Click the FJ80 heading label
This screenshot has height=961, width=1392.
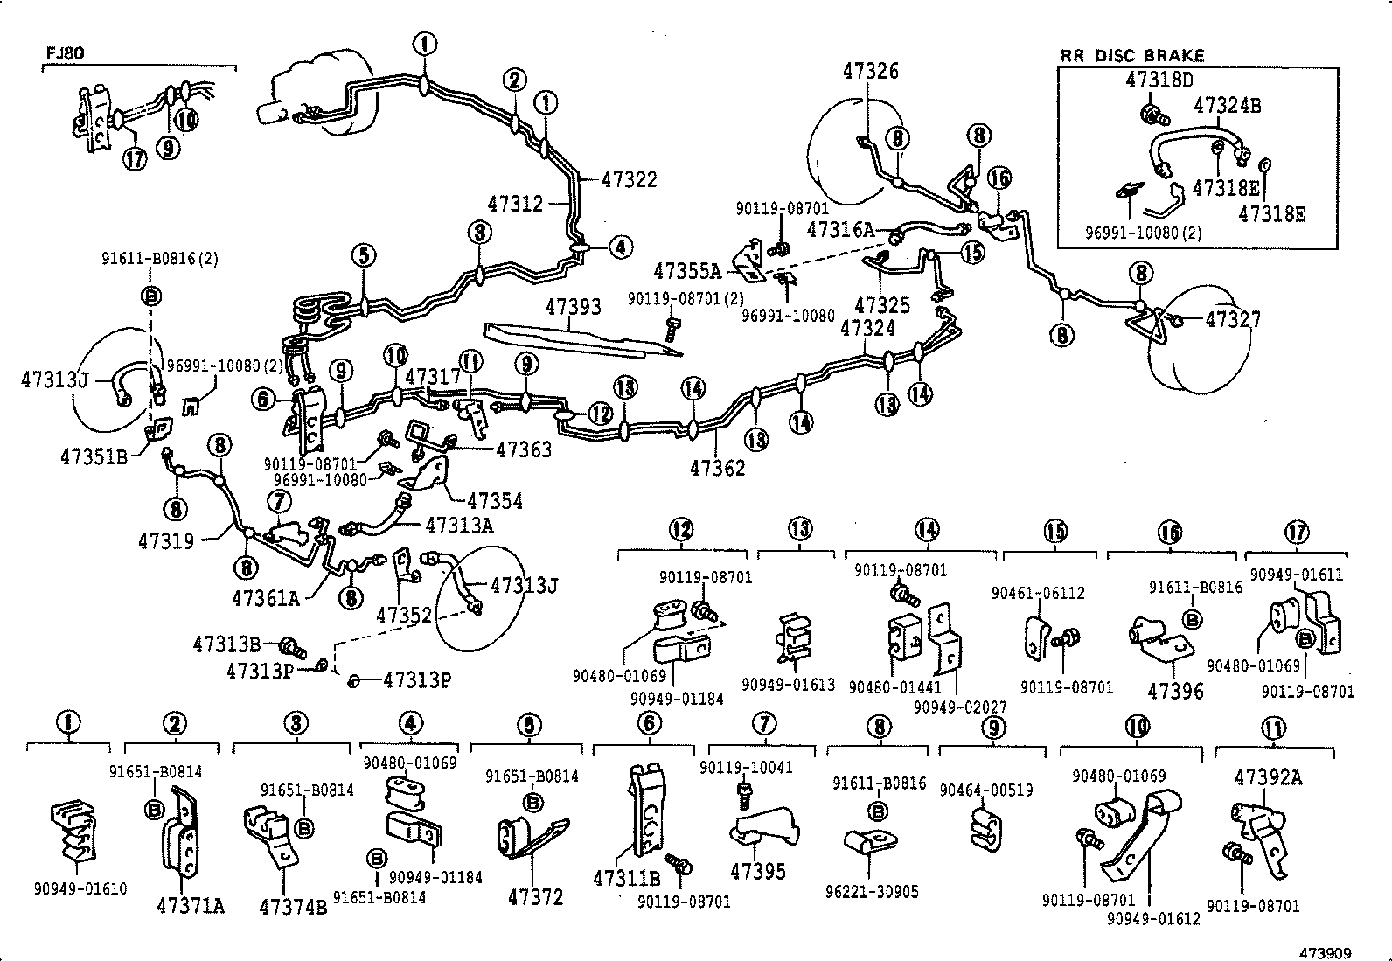pyautogui.click(x=65, y=53)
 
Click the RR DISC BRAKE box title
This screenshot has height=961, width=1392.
pyautogui.click(x=1132, y=55)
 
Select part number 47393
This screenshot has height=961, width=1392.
pyautogui.click(x=574, y=307)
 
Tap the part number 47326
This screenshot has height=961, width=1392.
pyautogui.click(x=871, y=71)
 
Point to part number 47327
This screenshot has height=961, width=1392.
pyautogui.click(x=1233, y=320)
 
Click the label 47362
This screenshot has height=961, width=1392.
pyautogui.click(x=717, y=468)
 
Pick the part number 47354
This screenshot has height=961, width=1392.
pyautogui.click(x=494, y=501)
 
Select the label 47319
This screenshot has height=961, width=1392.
pyautogui.click(x=165, y=541)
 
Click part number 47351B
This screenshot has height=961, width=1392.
pyautogui.click(x=94, y=456)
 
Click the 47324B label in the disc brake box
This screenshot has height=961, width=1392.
pyautogui.click(x=1228, y=106)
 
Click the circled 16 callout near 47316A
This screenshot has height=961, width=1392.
pyautogui.click(x=999, y=178)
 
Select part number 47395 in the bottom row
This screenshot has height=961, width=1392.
pyautogui.click(x=758, y=871)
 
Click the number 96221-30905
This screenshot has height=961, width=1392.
pyautogui.click(x=872, y=893)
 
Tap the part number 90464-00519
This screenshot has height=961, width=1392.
pyautogui.click(x=985, y=790)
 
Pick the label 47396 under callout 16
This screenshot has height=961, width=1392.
pyautogui.click(x=1175, y=691)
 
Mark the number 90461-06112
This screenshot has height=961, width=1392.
pyautogui.click(x=1038, y=593)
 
